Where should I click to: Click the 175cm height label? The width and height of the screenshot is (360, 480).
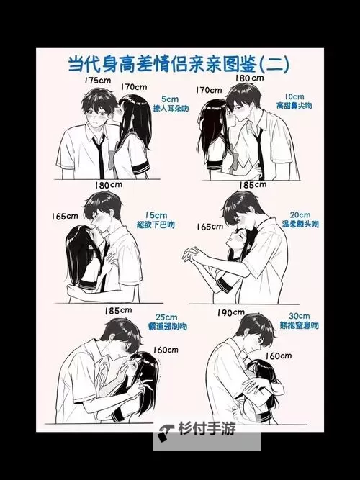coord(96,81)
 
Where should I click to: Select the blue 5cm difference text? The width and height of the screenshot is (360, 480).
coord(169,99)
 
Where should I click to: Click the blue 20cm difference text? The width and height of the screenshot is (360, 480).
coord(300,214)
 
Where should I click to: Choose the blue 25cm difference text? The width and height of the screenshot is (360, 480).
coord(166,317)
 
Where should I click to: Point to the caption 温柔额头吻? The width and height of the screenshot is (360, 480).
coord(300,225)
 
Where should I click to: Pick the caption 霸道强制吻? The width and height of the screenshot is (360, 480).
coord(167,327)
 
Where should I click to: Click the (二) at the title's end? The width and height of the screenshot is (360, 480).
coord(272,63)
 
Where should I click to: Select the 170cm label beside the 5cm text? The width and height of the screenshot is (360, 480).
coord(135,88)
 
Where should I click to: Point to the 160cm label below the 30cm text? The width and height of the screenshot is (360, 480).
coord(277,355)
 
